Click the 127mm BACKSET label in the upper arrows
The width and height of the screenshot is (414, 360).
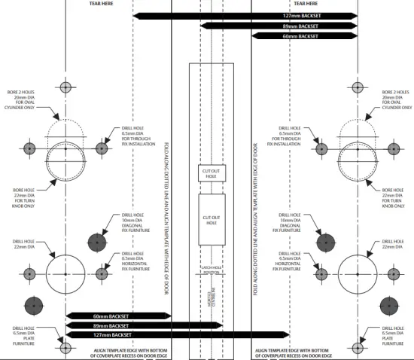[x=300, y=16]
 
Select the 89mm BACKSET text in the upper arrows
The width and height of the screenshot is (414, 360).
[x=300, y=26]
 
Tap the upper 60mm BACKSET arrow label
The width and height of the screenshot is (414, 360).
[x=300, y=35]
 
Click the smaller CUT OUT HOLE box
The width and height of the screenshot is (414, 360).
[x=211, y=172]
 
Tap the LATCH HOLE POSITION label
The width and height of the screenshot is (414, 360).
[x=211, y=270]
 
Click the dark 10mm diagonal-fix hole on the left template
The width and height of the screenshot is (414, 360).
[x=96, y=242]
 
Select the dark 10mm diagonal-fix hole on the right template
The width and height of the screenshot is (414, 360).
[x=326, y=242]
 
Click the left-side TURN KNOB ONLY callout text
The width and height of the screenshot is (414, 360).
[x=21, y=200]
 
